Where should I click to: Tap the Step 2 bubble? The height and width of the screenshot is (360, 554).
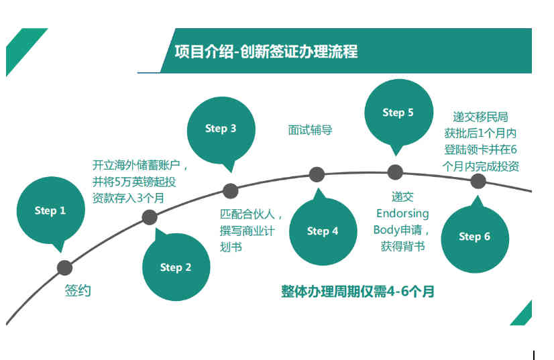176,267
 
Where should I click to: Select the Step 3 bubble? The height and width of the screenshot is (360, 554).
221,129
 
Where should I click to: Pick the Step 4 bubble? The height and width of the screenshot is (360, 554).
323,231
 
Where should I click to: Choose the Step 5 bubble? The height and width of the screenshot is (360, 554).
398,113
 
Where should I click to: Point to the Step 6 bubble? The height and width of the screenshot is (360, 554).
474,237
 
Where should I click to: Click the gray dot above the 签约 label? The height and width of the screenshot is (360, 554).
64,267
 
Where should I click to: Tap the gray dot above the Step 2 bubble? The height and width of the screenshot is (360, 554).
150,217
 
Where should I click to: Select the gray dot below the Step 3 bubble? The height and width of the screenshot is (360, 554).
230,190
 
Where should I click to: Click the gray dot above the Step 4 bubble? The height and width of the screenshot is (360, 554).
317,175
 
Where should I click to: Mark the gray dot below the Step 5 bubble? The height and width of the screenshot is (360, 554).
395,172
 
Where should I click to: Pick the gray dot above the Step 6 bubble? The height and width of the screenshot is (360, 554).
478,181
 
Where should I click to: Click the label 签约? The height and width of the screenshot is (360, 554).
78,291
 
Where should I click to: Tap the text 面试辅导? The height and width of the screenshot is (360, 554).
311,130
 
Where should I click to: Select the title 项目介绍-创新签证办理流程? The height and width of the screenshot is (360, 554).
266,52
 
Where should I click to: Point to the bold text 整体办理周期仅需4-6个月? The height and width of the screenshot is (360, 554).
357,292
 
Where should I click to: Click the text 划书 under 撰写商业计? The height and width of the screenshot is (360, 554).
231,247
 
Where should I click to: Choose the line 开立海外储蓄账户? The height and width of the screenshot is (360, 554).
140,165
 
